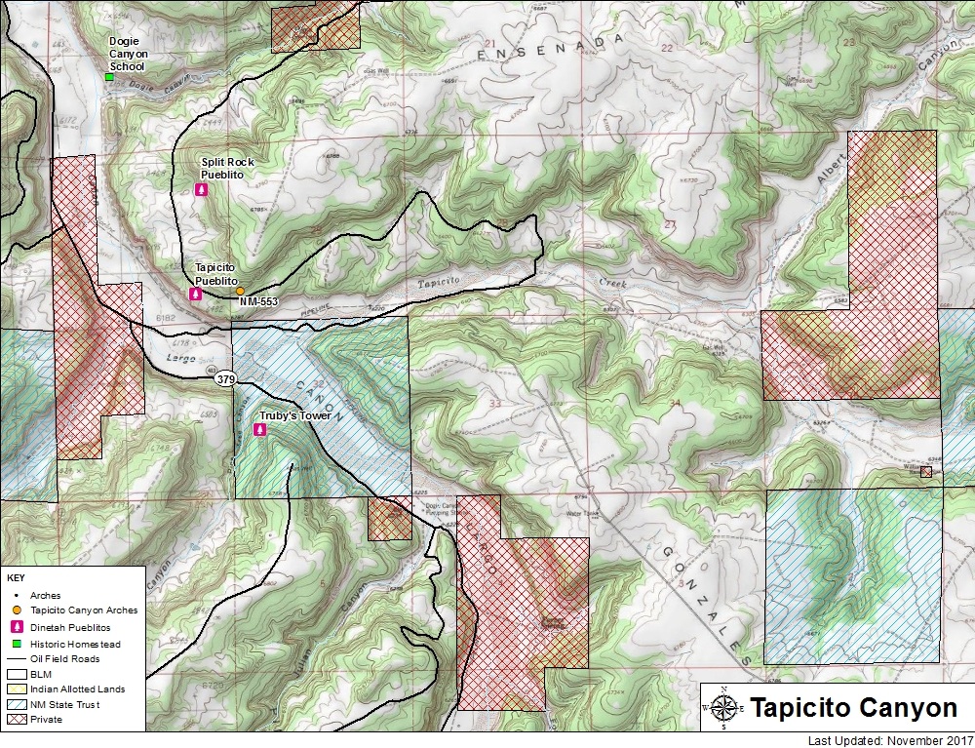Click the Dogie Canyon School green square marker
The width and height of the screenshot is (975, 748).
point(109,77)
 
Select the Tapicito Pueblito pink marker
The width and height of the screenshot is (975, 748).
point(196,294)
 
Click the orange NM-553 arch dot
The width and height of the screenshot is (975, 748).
point(240,291)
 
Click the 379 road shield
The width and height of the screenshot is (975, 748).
point(226,378)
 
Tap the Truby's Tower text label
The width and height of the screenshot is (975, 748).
point(292,416)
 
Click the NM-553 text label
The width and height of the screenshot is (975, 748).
point(258,302)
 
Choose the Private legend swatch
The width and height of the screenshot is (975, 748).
point(17,720)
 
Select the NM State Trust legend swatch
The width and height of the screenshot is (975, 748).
point(17,704)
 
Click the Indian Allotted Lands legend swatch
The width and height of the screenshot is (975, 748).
point(17,689)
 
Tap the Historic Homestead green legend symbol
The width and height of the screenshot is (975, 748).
point(17,643)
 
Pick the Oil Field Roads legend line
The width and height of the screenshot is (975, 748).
point(17,658)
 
